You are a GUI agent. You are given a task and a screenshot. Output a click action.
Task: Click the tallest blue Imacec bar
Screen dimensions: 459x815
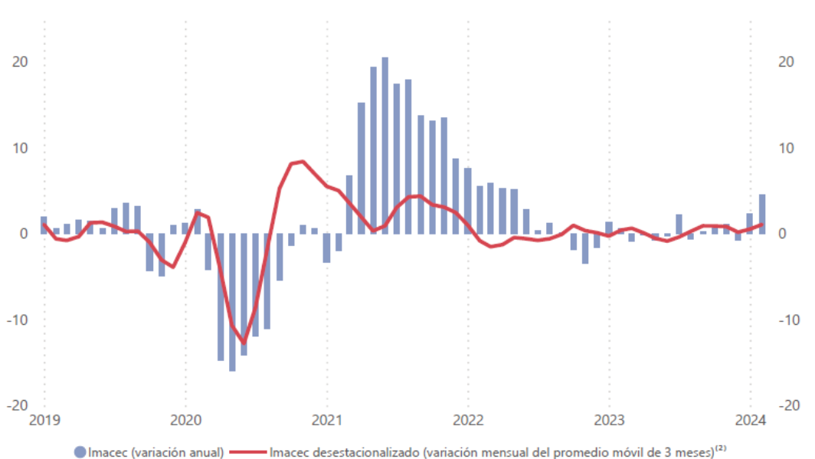(385, 146)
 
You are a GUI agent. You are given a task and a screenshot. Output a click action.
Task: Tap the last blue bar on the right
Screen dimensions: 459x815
(761, 214)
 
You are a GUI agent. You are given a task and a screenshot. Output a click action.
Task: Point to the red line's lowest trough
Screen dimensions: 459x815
(244, 343)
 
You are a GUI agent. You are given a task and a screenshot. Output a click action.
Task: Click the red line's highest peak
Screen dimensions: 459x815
(303, 161)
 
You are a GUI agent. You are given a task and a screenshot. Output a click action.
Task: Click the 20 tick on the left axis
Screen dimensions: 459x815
(21, 62)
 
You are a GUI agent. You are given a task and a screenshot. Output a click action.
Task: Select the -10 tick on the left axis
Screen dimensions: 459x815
(18, 320)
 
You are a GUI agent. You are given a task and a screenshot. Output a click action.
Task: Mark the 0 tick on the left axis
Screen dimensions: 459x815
(24, 234)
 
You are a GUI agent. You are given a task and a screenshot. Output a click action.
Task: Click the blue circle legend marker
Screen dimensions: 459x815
(80, 452)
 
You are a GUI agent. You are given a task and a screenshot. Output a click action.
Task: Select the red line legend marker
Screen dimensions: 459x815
(248, 452)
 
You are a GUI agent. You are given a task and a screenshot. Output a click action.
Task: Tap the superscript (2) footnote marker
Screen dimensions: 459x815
(721, 448)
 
